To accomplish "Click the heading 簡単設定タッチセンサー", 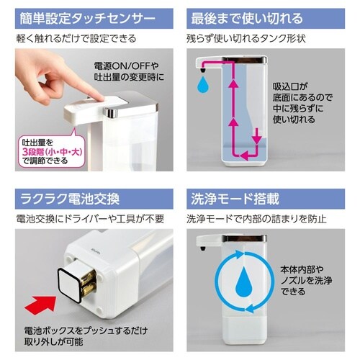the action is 88,19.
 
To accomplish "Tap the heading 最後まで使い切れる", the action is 247,19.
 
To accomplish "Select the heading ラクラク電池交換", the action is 70,199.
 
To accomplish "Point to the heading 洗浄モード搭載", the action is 235,199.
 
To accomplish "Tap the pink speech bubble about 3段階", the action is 52,149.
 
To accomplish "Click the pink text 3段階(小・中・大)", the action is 53,151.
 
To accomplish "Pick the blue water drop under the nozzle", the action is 203,84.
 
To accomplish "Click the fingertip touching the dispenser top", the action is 99,97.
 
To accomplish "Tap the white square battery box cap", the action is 70,283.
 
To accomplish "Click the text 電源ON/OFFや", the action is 126,66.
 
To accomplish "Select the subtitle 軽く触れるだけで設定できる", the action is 76,39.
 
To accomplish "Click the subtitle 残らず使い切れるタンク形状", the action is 246,39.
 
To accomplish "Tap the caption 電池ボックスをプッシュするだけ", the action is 86,331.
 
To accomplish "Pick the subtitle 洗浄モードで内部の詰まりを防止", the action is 256,219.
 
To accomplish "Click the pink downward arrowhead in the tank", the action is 257,140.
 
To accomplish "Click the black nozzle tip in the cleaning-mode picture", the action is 203,248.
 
